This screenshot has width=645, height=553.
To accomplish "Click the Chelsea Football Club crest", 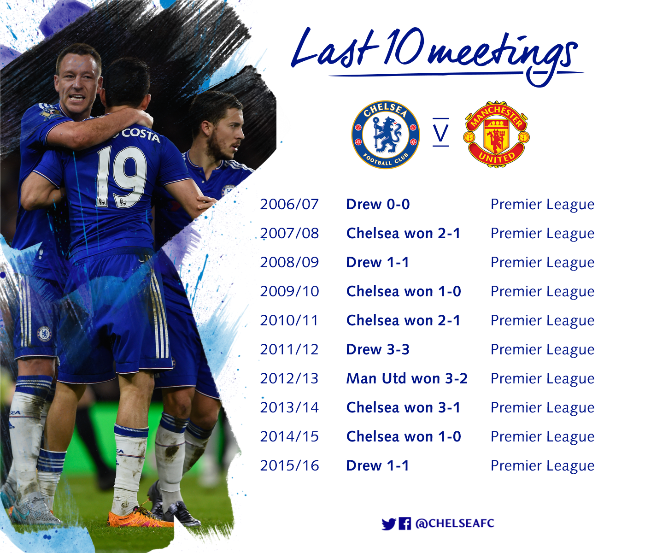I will point(386,135).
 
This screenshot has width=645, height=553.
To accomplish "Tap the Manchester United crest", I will point(496,135).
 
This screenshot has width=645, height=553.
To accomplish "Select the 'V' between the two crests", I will point(440,133).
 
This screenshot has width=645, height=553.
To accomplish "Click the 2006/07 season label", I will point(289,204).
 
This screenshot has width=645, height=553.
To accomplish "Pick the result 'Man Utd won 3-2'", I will point(407,378).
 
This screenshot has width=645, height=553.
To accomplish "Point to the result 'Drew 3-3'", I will point(378,349).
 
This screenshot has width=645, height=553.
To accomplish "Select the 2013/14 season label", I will point(289,407).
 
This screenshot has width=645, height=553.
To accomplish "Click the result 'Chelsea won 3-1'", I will point(403,407).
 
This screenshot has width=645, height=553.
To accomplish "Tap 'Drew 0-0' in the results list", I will point(378,204).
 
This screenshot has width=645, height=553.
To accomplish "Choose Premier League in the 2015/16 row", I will point(542,465).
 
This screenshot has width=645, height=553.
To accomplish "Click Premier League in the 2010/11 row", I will point(542,320).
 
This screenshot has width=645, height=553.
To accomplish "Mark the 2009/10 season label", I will point(289,291).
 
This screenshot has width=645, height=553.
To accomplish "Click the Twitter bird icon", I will point(388,524).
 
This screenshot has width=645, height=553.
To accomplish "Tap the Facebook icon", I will point(405,524).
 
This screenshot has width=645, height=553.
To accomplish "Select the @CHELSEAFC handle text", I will point(455,524).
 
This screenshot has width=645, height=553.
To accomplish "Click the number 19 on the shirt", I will point(121,176).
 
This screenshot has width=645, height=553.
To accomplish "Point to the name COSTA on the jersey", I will point(141,134).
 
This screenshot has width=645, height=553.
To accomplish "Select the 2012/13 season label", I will point(289,378).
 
